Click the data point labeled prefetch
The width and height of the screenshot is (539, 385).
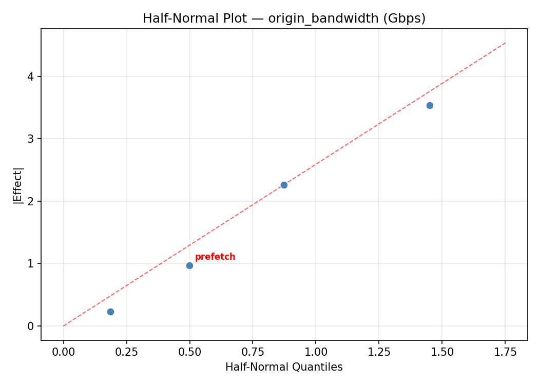tap(189, 265)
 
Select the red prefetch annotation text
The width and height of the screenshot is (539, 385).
tap(215, 257)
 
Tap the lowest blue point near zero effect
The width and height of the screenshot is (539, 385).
tap(110, 312)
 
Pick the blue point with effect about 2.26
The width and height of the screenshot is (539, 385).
tap(284, 185)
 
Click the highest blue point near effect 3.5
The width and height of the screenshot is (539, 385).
tap(430, 105)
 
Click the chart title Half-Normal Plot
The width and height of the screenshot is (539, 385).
tap(284, 18)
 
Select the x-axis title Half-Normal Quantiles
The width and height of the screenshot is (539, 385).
tap(284, 367)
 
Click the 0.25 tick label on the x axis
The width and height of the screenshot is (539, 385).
tap(126, 352)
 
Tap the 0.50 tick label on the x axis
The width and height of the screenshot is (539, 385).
tap(189, 352)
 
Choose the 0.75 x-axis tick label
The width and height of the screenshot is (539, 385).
tap(253, 352)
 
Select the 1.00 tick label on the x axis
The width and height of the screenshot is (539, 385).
tap(316, 352)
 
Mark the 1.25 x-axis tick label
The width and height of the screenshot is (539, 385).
tap(379, 352)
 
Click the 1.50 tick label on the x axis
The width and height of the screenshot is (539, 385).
tap(442, 352)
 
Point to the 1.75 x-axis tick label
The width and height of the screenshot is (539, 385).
tap(505, 352)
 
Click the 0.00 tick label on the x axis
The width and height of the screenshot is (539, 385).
tap(64, 352)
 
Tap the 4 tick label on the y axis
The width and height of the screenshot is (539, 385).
tap(31, 76)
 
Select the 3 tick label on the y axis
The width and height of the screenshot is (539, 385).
tap(31, 139)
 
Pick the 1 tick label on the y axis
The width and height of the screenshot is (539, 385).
tap(31, 264)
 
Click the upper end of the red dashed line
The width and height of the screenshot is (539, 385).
tap(505, 43)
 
